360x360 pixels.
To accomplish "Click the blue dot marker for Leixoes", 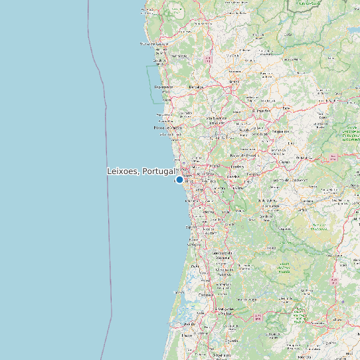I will click(179, 179).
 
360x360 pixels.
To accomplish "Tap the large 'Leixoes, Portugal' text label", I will click(141, 171).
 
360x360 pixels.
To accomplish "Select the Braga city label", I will click(233, 82).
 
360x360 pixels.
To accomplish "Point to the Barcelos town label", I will click(195, 86).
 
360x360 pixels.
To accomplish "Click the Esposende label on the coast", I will click(163, 87).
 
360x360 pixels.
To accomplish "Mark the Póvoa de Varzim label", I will click(167, 128).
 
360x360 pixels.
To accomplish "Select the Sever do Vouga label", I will click(252, 300).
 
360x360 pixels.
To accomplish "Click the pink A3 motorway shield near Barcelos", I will click(208, 59).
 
